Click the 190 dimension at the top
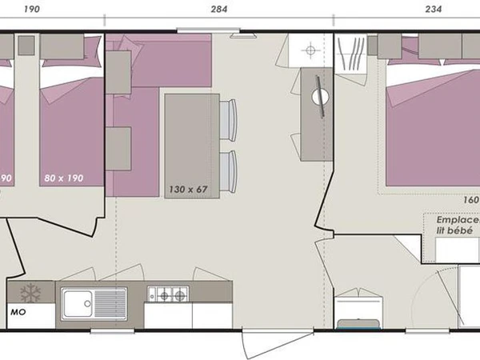(x=32, y=10)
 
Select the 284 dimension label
(x=218, y=10)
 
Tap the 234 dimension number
(x=433, y=10)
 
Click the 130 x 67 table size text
(x=189, y=190)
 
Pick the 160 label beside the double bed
(x=470, y=201)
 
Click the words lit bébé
(x=451, y=230)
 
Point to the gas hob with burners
(x=168, y=295)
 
